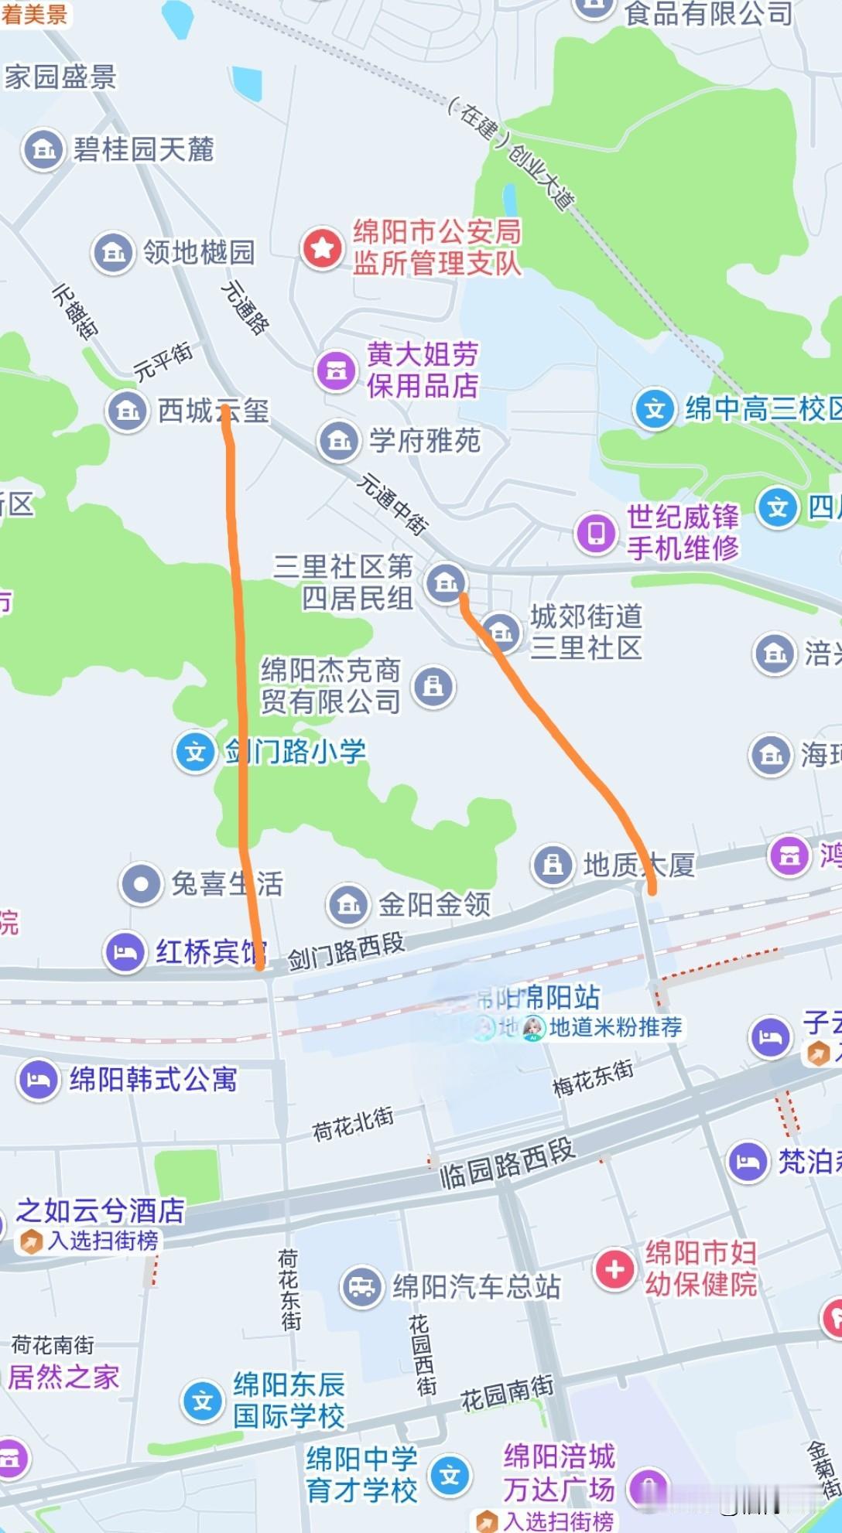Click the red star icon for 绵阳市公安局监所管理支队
coord(322,248)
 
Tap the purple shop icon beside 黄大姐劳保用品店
coord(336,370)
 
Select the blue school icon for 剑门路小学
coord(195,752)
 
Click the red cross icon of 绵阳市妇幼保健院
coord(614,1269)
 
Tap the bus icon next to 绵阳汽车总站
coord(361,1287)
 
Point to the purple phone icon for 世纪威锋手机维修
coord(596,532)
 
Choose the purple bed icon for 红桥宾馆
coord(125,952)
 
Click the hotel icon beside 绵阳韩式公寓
coord(39,1079)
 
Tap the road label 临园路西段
coord(508,1164)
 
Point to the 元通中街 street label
coord(392,504)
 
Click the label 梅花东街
coord(593,1077)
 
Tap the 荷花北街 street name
coord(353,1123)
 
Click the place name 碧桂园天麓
coord(143,149)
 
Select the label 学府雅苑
coord(425,441)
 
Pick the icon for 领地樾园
coord(113,252)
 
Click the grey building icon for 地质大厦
coord(553,864)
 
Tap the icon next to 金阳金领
coord(348,904)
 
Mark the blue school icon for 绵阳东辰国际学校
coord(203,1400)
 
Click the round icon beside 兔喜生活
coord(141,883)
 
